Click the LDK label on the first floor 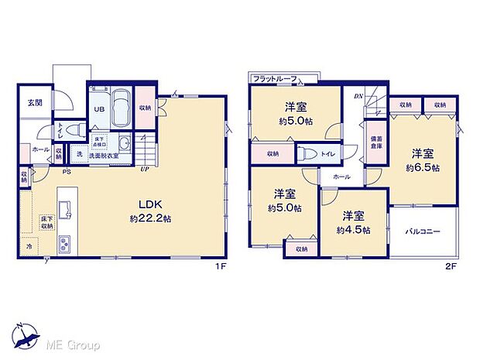pos(149,205)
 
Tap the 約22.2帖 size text pos(149,218)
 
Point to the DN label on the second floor pos(358,96)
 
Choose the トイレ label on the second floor pos(328,154)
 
